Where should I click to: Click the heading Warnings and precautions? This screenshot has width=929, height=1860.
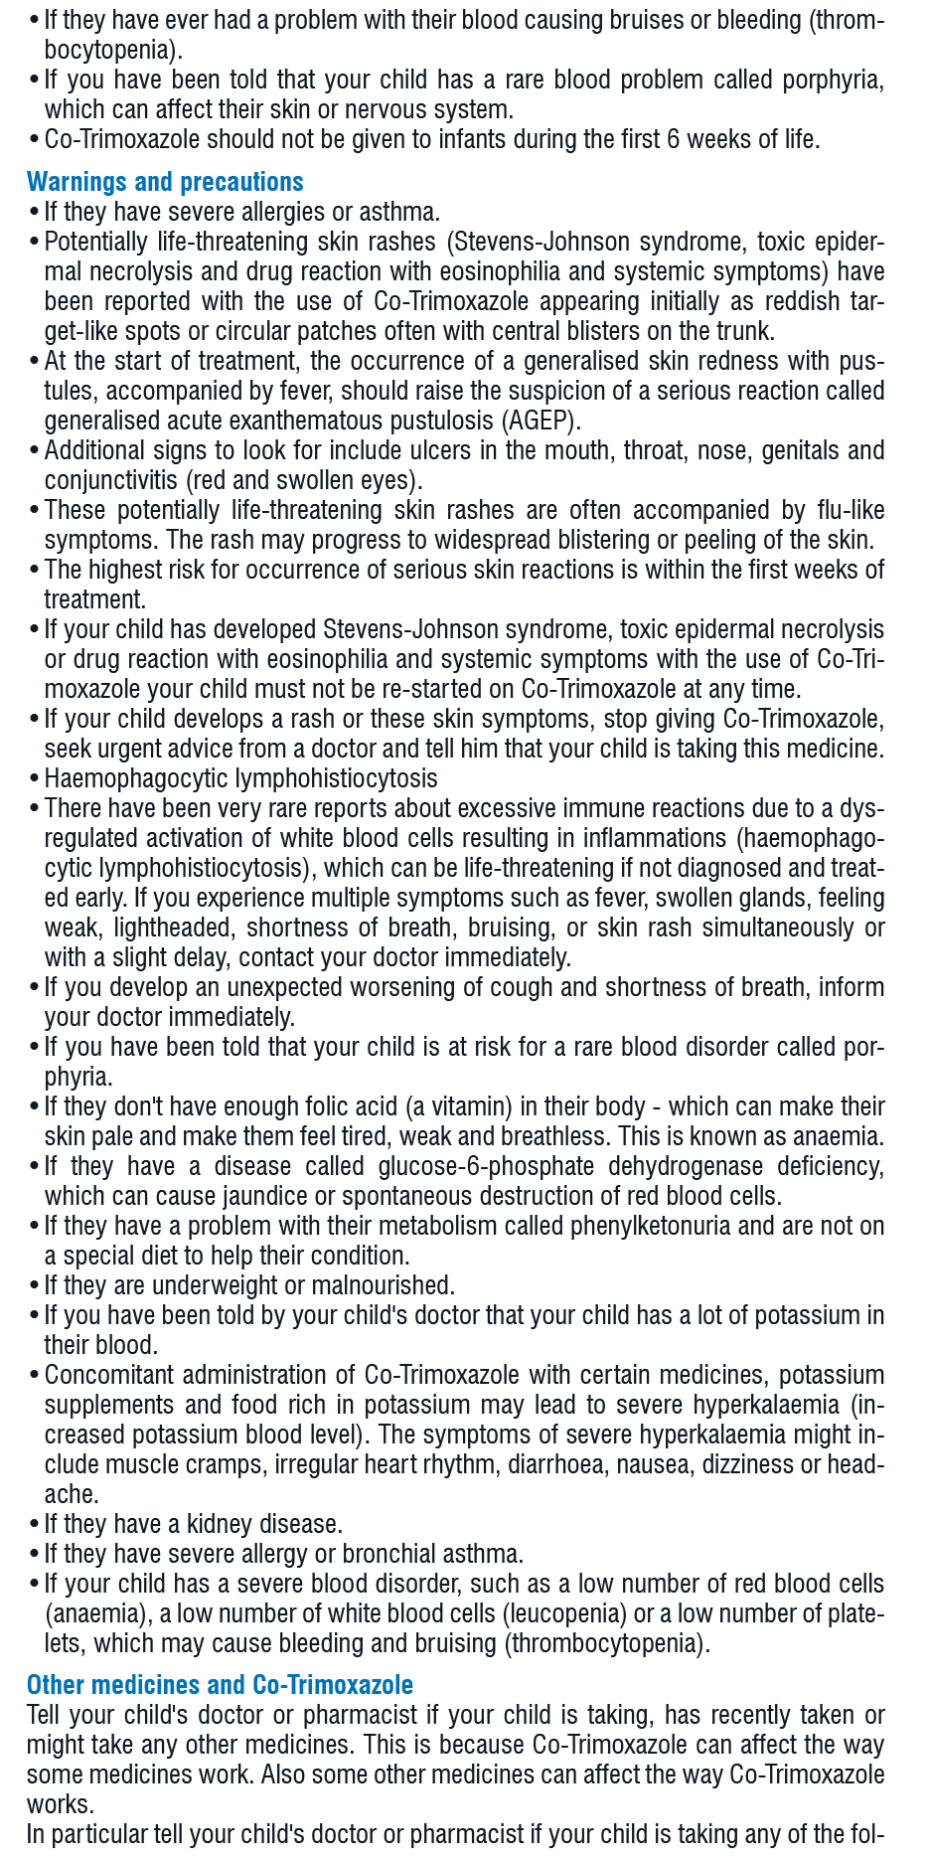(x=165, y=182)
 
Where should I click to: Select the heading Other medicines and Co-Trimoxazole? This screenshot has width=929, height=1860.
(x=220, y=1684)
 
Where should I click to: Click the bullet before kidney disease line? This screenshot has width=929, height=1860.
(x=35, y=1524)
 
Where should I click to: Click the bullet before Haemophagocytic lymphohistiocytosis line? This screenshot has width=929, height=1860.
(x=35, y=778)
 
